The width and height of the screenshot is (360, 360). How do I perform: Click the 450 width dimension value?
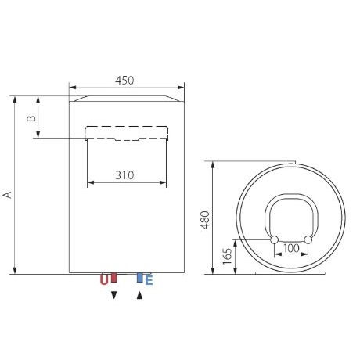(x=125, y=80)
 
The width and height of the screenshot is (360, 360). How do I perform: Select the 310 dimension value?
(x=125, y=176)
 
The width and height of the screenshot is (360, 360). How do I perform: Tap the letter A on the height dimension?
(x=8, y=193)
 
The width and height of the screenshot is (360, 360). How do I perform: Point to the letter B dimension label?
(x=31, y=118)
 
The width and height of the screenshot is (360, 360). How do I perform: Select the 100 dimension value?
(x=291, y=249)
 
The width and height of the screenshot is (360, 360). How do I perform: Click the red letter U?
(x=103, y=279)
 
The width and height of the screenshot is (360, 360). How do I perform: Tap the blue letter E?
(x=149, y=279)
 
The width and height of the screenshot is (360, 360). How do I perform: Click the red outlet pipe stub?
(x=113, y=278)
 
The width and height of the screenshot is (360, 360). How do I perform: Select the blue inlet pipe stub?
(x=139, y=278)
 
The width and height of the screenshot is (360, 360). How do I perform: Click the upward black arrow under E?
(x=140, y=295)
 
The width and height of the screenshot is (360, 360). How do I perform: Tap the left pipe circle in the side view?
(x=275, y=238)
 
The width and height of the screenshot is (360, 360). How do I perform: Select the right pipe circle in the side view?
(x=308, y=238)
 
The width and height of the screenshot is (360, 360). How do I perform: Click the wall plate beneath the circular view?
(x=291, y=274)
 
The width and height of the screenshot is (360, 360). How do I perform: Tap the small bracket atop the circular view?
(x=290, y=162)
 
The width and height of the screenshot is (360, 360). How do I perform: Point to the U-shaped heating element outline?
(x=291, y=200)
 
